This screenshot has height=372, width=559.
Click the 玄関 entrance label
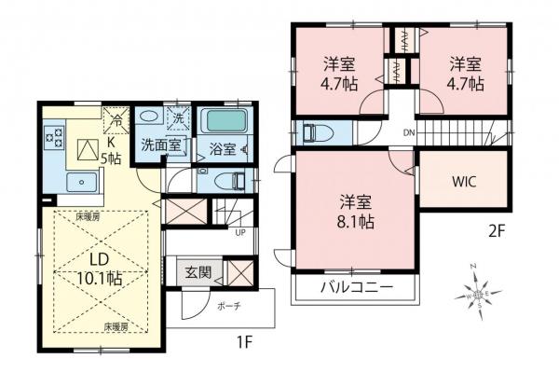(x=197, y=272)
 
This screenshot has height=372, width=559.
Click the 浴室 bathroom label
(x=222, y=147)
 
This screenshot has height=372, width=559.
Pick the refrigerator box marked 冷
(x=116, y=118)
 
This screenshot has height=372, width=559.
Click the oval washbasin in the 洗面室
(x=150, y=119)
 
